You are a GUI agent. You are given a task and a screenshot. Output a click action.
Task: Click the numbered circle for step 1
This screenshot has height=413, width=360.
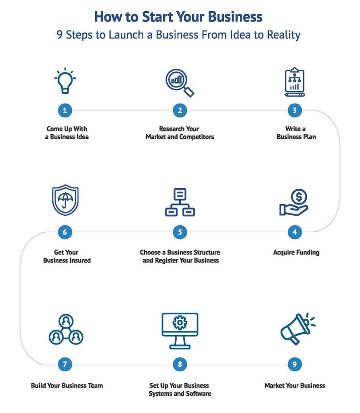pos(65,110)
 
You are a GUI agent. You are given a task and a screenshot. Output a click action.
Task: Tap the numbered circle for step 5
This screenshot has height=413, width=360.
pos(180,232)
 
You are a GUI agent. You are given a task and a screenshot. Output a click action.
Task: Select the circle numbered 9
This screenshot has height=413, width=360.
pos(295,365)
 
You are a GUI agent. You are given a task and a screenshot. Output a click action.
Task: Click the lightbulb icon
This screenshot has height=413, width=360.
pos(65,81)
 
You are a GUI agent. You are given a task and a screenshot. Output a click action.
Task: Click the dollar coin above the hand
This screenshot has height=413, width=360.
pos(299,197)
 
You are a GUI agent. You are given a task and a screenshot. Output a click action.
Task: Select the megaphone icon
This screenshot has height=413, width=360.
pos(297,329)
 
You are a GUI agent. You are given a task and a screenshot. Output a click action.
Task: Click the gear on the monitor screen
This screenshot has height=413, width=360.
pos(180,322)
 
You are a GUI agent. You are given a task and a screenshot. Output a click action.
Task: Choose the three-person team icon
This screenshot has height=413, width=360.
pos(65,330)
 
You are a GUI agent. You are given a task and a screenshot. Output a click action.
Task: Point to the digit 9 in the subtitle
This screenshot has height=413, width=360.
pos(59,35)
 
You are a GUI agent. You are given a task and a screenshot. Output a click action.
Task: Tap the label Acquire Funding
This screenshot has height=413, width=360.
pos(296,252)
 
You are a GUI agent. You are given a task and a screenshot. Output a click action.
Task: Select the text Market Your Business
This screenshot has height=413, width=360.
pos(295,386)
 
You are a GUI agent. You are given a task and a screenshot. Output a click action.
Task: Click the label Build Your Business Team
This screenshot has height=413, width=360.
pos(67,386)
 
